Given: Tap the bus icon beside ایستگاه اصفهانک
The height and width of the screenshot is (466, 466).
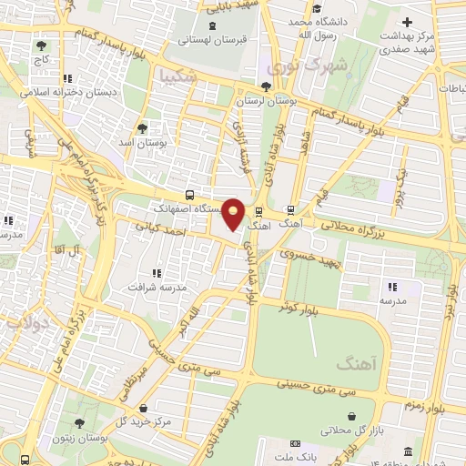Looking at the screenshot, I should (x=189, y=195).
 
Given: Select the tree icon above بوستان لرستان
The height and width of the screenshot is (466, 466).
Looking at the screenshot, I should (x=265, y=86).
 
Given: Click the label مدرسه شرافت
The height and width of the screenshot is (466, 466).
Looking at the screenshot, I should (x=160, y=286).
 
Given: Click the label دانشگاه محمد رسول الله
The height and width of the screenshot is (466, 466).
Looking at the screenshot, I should (x=313, y=27).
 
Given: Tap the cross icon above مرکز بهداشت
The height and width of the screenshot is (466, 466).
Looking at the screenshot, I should (x=407, y=22).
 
